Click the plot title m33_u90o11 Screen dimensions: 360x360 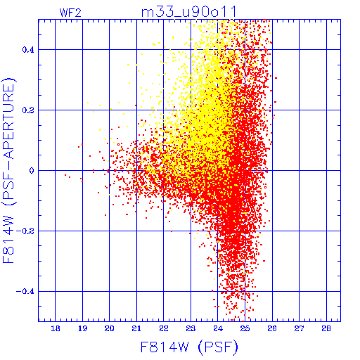point(188,12)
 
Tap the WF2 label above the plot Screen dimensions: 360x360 point(70,13)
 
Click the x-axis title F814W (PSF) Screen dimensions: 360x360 point(189,347)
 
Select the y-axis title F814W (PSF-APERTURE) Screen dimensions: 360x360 point(9,170)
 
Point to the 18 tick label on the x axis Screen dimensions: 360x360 point(56,328)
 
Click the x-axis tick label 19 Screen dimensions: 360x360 point(82,328)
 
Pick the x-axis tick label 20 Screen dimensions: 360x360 point(110,328)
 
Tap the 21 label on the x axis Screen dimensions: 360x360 point(136,328)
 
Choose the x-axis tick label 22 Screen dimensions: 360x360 point(164,328)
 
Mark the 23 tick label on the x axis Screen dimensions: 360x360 point(191,328)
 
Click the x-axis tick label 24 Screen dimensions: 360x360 point(218,328)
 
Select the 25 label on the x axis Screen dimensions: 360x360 point(245,328)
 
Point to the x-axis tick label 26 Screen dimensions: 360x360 point(272,328)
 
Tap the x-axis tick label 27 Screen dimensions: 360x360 point(299,328)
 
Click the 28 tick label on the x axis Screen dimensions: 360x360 point(326,328)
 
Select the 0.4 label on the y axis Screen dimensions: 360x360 point(28,50)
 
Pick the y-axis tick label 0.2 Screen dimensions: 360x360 point(28,110)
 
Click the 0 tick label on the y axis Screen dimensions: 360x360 point(32,171)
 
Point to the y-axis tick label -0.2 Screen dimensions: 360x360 point(25,231)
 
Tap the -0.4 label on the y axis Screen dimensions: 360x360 point(25,292)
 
